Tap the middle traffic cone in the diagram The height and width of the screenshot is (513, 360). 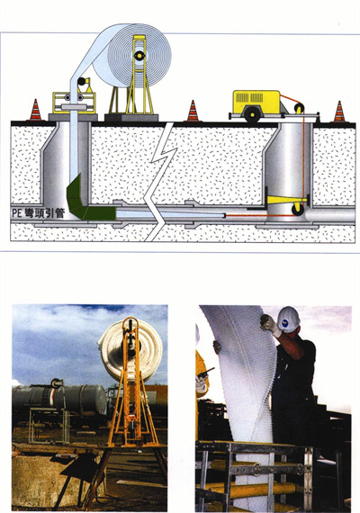pos(193,111)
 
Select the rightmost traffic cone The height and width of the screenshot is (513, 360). pos(339,112)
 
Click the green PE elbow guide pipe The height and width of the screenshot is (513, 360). pos(85,200)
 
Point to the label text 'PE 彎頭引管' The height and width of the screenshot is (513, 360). pos(39,213)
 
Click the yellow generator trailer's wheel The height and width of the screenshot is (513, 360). pos(252,114)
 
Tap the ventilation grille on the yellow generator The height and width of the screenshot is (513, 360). pos(249,97)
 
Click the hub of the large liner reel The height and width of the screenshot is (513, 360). pos(139,56)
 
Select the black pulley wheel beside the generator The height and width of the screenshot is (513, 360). pos(299,108)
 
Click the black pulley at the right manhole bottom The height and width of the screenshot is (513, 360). pos(298,210)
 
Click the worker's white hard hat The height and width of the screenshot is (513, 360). pos(288,319)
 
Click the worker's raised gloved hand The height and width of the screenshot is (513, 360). pos(269,324)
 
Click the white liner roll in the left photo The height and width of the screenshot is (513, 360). pos(130,349)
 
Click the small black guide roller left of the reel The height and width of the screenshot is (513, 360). pos(82,81)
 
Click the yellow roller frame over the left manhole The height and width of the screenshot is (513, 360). pos(75,103)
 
